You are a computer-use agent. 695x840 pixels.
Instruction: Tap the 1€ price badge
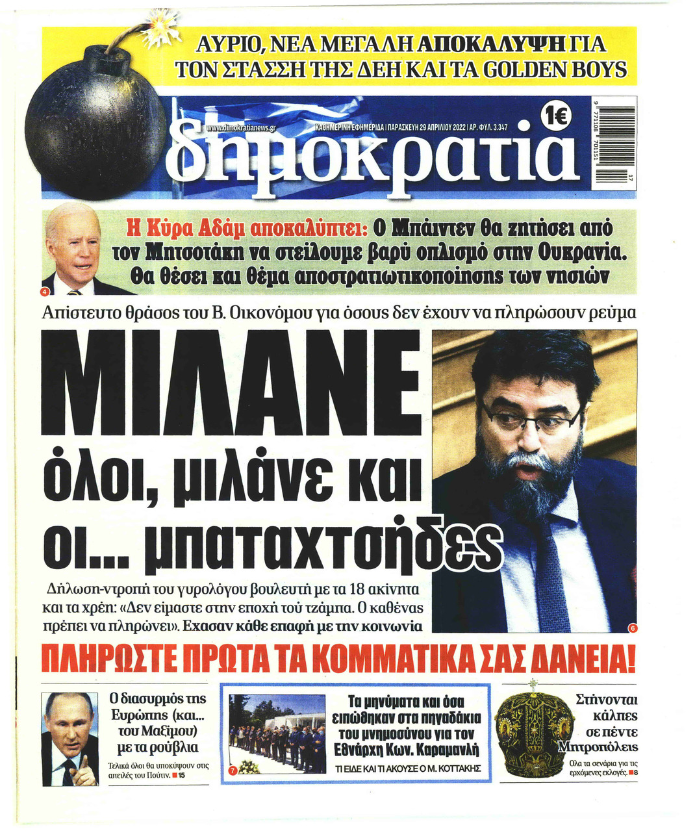click(557, 117)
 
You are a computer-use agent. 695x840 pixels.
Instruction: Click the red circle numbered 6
click(632, 628)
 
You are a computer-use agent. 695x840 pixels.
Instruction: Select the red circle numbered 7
click(233, 770)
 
